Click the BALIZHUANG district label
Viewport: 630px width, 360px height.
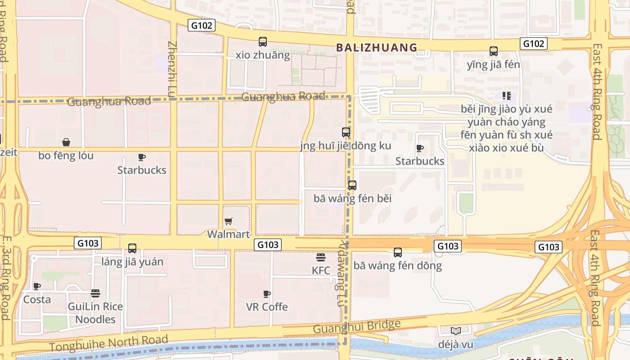(377, 47)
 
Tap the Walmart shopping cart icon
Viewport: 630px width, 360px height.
(229, 221)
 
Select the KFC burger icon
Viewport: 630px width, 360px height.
(321, 257)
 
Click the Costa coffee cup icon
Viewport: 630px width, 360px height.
(37, 286)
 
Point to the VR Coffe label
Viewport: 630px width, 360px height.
(267, 307)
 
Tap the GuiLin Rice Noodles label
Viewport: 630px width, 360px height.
(95, 313)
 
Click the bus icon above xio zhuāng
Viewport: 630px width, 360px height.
(263, 42)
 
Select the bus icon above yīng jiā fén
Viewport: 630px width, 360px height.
(494, 51)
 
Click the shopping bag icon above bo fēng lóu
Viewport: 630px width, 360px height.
(66, 142)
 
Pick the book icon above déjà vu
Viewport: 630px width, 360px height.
(456, 331)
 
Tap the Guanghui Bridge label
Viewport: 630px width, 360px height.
(356, 327)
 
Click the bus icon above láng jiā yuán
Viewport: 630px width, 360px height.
(132, 248)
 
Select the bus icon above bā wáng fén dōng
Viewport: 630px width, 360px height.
(398, 252)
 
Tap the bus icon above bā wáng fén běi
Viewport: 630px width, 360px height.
(352, 185)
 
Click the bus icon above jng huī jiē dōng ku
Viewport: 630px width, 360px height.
(346, 132)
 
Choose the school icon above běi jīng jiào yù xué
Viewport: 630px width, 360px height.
(507, 95)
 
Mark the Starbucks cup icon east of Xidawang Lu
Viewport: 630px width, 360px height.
(420, 148)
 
